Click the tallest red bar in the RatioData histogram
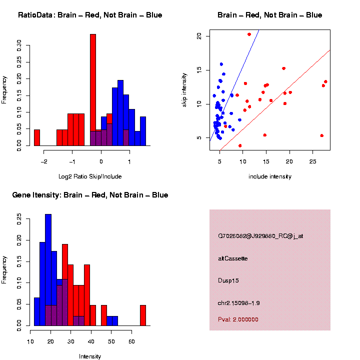(92, 90)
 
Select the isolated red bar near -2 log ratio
(37, 137)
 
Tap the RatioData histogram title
(90, 15)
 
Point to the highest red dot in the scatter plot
(249, 34)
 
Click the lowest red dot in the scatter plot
(240, 145)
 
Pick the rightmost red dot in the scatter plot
(325, 81)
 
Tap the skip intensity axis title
(184, 90)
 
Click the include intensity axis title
(270, 176)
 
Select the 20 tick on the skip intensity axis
(199, 36)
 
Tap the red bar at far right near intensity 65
(143, 315)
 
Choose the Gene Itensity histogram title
(90, 195)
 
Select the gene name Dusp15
(228, 280)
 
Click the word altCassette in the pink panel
(233, 258)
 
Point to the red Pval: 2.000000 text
(238, 319)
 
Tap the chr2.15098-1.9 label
(239, 303)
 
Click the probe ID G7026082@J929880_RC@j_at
(260, 236)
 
